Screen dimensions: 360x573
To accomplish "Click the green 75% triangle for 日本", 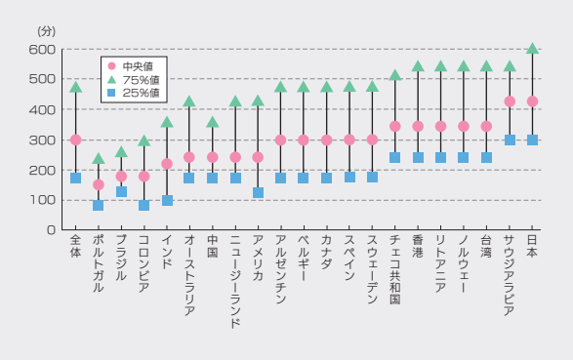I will coord(532,49).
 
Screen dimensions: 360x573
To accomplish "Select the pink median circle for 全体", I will coord(75,140).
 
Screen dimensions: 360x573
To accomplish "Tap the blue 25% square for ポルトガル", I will coord(98,205).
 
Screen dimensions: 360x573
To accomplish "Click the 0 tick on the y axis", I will coord(50,230).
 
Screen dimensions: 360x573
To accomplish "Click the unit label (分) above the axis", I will coord(47,31).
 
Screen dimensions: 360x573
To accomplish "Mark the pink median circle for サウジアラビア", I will coord(509,101).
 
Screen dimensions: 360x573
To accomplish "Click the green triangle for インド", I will coord(167,123).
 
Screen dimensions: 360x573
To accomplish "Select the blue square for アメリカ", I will coord(258,193).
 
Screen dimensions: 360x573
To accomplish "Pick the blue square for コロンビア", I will coord(143,205).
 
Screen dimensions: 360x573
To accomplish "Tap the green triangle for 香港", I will coord(418,67).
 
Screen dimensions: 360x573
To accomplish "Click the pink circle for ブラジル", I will coord(121,177).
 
